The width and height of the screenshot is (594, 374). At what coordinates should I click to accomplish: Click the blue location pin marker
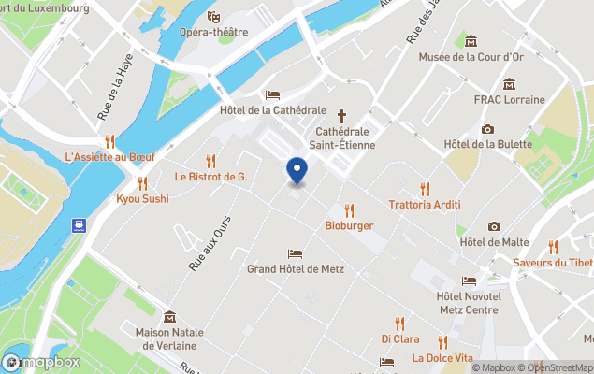point(297,171)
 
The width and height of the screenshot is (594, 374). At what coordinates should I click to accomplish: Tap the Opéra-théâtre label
point(214,32)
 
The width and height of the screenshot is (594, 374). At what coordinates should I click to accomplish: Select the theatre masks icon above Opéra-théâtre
point(214,16)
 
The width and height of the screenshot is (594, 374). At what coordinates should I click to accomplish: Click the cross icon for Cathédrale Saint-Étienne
point(341,116)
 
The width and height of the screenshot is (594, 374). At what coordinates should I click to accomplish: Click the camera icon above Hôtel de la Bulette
point(487,129)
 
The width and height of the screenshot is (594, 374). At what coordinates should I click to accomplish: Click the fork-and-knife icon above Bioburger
point(349,210)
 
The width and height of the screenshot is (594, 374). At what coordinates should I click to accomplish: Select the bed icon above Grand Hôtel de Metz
point(296,253)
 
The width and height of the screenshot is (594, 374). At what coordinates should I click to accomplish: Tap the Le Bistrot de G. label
point(210,176)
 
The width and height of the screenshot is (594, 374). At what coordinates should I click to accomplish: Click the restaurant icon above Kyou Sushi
point(142,183)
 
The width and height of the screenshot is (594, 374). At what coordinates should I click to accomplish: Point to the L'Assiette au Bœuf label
point(109,156)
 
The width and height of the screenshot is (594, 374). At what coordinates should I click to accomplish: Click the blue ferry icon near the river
point(80,225)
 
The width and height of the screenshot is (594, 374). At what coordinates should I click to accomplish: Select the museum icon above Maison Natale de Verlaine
point(169,316)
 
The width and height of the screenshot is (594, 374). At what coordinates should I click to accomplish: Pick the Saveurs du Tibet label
point(553,262)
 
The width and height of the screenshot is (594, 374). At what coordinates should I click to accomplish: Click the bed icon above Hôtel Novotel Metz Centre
point(468,280)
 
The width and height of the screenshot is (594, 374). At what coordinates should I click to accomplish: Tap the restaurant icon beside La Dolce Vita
point(442,342)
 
